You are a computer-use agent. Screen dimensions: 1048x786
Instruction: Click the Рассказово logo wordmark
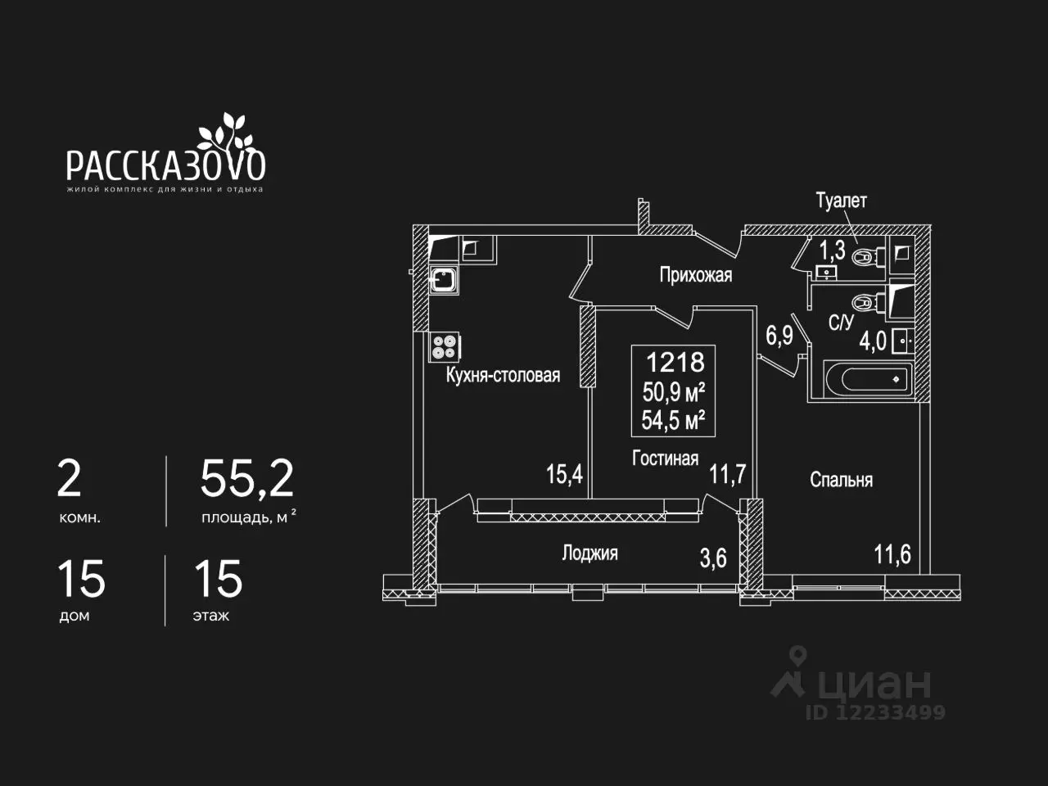pos(165,165)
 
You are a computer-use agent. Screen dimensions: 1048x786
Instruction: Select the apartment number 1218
pos(675,362)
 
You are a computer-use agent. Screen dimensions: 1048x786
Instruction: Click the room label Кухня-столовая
pos(503,376)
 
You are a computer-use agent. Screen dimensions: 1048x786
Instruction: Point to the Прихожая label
pos(696,275)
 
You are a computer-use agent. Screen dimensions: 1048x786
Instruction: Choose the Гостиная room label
pos(665,458)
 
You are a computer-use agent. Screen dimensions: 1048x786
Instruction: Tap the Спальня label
pos(841,480)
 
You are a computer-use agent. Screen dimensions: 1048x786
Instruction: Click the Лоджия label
pos(589,553)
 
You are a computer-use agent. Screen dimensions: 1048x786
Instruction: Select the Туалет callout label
pos(841,201)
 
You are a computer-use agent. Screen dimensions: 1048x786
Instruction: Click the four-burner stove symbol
pos(445,347)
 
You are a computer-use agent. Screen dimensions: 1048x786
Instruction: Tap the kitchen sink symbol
pos(444,279)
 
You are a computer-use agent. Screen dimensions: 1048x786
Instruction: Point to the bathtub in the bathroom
pos(868,379)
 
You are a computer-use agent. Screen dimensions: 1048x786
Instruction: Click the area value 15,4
pos(564,474)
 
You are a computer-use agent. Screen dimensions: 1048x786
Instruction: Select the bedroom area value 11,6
pos(892,554)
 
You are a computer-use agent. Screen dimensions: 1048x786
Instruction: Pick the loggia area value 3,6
pos(713,558)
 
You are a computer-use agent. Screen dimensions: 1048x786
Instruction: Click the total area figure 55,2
pos(246,479)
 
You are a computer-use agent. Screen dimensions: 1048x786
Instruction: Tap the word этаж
pos(211,616)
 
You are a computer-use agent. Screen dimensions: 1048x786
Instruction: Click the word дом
pos(75,616)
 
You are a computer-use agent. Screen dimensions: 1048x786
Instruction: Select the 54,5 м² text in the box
pos(673,420)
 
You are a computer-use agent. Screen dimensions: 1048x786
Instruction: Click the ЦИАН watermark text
pos(874,684)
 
